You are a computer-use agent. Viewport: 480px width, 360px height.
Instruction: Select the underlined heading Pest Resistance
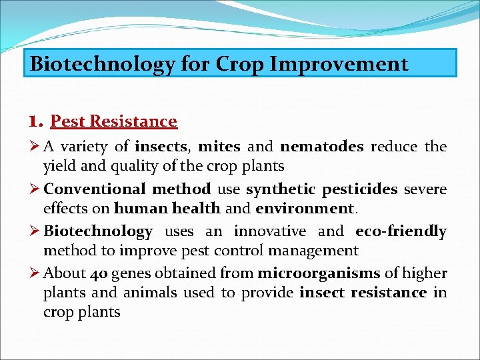click(x=114, y=121)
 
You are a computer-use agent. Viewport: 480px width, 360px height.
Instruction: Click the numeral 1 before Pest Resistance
click(x=35, y=121)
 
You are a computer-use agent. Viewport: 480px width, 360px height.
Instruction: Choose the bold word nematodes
click(x=322, y=147)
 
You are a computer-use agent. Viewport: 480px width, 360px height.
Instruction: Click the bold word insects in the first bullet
click(x=161, y=147)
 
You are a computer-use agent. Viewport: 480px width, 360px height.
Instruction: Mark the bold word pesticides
click(x=360, y=189)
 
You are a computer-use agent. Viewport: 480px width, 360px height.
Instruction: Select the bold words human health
click(x=167, y=208)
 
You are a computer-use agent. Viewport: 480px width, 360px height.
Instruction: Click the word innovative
click(x=270, y=231)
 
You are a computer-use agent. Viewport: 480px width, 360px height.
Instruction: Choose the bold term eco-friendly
click(x=401, y=231)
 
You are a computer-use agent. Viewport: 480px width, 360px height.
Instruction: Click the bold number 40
click(x=101, y=273)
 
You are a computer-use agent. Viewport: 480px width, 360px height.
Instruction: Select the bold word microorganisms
click(x=319, y=273)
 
